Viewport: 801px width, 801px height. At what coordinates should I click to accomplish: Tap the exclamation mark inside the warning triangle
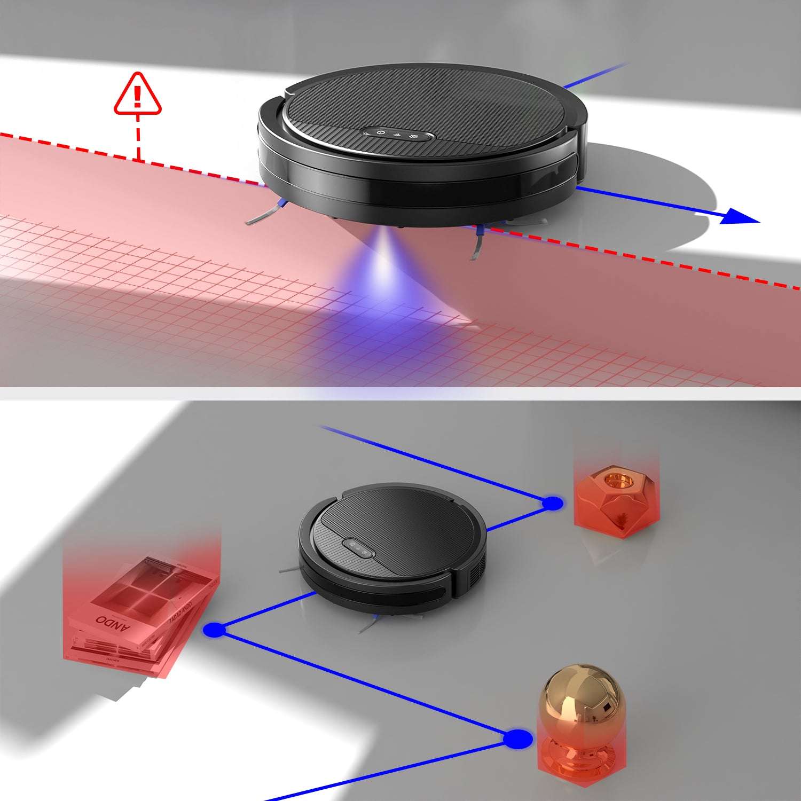[x=137, y=96]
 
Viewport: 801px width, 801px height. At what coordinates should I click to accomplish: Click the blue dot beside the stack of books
[x=215, y=630]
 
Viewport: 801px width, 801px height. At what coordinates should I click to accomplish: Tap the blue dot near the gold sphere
[x=517, y=739]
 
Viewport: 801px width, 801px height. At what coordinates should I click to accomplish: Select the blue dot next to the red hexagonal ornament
[x=552, y=503]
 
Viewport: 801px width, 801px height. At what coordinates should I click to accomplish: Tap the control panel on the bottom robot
[x=357, y=548]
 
